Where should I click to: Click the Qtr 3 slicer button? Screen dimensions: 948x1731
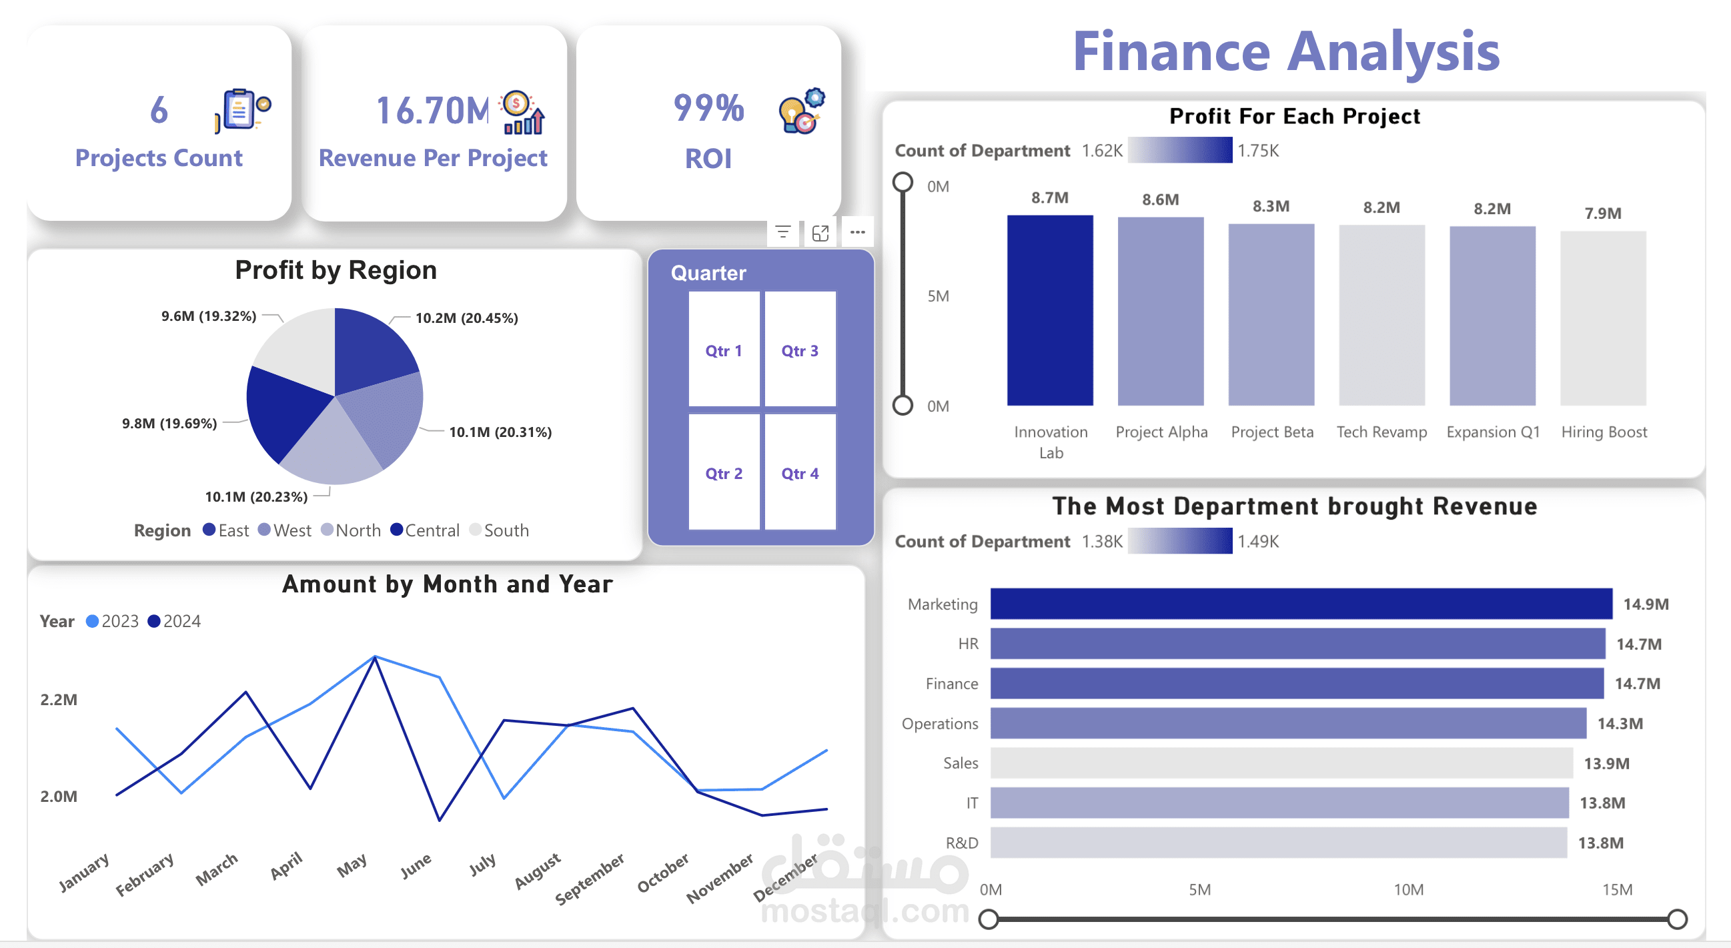800,350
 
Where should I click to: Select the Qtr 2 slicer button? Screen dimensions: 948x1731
724,473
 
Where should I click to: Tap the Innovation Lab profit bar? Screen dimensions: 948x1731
1050,310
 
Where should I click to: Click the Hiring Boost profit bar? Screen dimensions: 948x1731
1603,318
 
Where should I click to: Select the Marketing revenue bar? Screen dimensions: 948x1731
1300,603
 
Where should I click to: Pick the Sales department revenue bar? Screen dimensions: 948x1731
1281,763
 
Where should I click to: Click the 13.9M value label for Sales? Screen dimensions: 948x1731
1606,763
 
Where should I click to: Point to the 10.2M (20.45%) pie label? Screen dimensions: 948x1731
466,318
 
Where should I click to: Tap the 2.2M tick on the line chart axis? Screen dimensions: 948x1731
59,699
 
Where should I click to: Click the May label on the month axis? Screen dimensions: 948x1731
352,865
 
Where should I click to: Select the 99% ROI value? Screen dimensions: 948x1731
708,108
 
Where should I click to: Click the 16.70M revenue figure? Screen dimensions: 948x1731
433,111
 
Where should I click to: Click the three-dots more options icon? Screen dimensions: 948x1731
856,232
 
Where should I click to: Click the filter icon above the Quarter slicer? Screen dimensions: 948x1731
783,232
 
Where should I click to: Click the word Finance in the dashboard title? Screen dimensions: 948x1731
1171,52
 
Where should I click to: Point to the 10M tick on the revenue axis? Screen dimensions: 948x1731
1407,889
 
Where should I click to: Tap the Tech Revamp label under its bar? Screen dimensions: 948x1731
1381,432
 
